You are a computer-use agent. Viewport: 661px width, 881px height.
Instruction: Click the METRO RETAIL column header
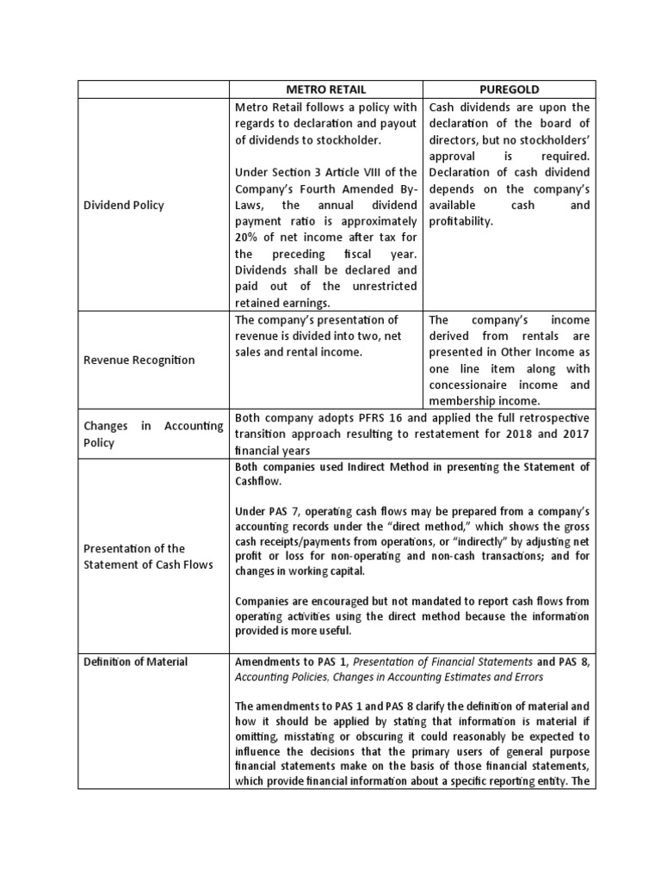click(x=325, y=89)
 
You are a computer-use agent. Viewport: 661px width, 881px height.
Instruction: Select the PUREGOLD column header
click(x=507, y=89)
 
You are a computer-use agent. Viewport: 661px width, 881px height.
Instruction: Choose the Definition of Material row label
click(x=136, y=660)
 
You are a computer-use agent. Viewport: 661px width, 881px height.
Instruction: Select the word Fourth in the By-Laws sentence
click(x=328, y=188)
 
